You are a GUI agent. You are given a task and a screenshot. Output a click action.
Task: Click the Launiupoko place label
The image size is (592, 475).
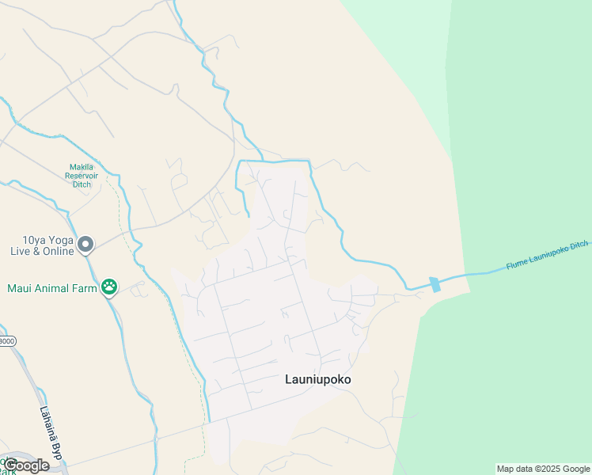coord(317,379)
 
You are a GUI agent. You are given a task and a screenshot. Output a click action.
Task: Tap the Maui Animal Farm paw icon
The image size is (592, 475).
coord(109,287)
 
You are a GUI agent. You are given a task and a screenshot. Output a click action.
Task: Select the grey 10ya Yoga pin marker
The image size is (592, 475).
coord(86,245)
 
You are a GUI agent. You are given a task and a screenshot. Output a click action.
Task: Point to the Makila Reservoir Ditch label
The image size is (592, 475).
coord(82,175)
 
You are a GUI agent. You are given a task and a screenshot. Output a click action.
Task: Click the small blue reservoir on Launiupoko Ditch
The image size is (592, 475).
coord(434,284)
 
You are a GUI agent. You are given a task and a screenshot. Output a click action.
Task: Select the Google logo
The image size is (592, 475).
coord(27,465)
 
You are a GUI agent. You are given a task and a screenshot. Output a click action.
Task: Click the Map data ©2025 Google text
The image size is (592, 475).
coord(544,469)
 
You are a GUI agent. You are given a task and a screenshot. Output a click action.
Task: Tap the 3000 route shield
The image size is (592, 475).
coord(6,340)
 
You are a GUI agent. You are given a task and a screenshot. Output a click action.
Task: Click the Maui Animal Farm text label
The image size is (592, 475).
coord(51,287)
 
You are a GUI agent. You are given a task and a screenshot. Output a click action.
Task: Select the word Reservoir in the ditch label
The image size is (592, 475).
coord(82,175)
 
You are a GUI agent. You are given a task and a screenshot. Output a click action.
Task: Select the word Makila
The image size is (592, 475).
coord(82,166)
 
